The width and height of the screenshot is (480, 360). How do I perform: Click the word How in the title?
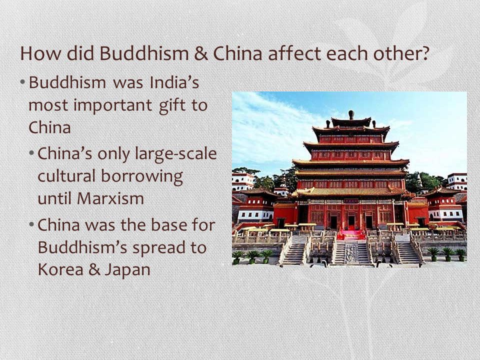click(x=40, y=53)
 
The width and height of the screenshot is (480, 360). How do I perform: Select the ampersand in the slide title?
click(x=200, y=53)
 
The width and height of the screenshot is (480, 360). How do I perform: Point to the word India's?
click(x=174, y=82)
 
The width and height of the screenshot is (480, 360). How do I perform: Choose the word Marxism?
click(x=110, y=198)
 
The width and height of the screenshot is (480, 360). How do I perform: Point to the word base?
click(x=168, y=225)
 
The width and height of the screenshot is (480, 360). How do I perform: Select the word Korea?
click(x=60, y=269)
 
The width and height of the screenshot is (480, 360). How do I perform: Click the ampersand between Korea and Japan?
click(x=94, y=269)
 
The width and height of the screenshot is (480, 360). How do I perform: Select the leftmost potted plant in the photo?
click(x=236, y=257)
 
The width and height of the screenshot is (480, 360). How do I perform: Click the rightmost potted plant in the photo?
click(x=461, y=254)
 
